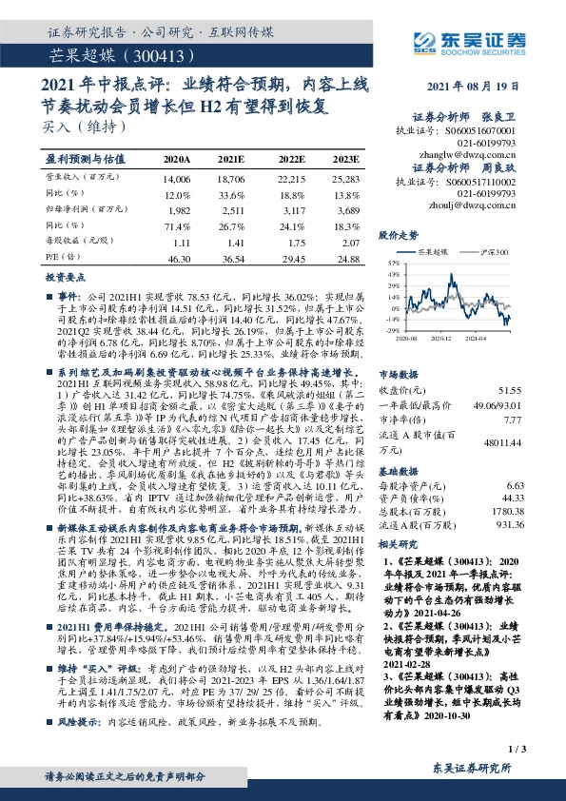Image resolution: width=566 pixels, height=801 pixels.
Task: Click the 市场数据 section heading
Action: click(399, 374)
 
